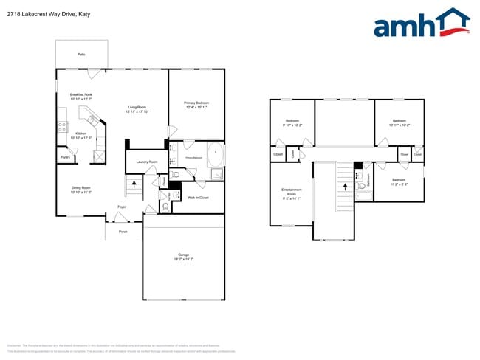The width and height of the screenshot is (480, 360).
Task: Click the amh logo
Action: [421, 24]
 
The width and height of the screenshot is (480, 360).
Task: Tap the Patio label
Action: [81, 55]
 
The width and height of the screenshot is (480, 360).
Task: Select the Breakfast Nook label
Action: [80, 94]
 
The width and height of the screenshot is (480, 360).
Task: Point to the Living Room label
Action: [138, 108]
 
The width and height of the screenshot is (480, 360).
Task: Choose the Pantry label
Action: [65, 157]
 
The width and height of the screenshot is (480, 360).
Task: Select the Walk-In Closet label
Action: [198, 198]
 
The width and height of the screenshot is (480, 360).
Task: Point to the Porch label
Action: [123, 231]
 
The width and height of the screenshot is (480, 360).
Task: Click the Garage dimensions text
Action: [183, 260]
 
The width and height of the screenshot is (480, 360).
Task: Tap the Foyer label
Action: [121, 207]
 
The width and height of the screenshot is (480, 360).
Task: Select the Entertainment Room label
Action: [291, 193]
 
